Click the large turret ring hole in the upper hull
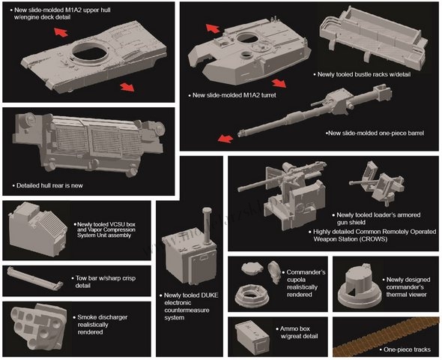90,53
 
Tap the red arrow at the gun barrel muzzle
225,138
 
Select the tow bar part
35,279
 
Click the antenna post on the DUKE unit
207,226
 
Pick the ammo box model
252,337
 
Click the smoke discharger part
39,326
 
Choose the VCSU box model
38,229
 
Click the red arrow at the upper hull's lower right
127,87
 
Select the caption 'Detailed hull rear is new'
49,186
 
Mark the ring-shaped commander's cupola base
251,295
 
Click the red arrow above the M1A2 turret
213,28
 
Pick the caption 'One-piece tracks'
407,349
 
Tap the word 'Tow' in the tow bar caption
81,278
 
